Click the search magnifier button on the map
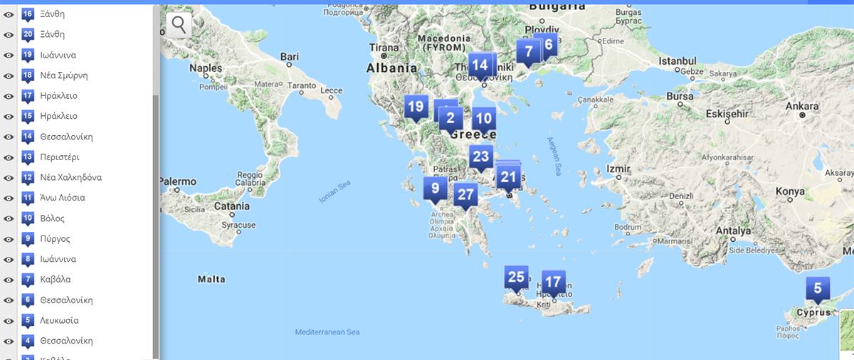point(179,25)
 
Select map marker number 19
point(416,108)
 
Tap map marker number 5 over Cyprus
point(817,289)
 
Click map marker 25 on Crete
point(516,277)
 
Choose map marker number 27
point(465,194)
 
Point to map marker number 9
point(435,189)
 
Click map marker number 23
point(481,157)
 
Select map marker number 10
point(483,118)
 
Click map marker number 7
point(528,51)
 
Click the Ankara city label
point(801,106)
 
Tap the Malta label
point(211,280)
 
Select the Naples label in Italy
point(205,68)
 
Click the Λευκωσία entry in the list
point(59,320)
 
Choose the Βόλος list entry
point(53,218)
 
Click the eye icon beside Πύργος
point(9,238)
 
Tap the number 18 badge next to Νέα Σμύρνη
point(28,75)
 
